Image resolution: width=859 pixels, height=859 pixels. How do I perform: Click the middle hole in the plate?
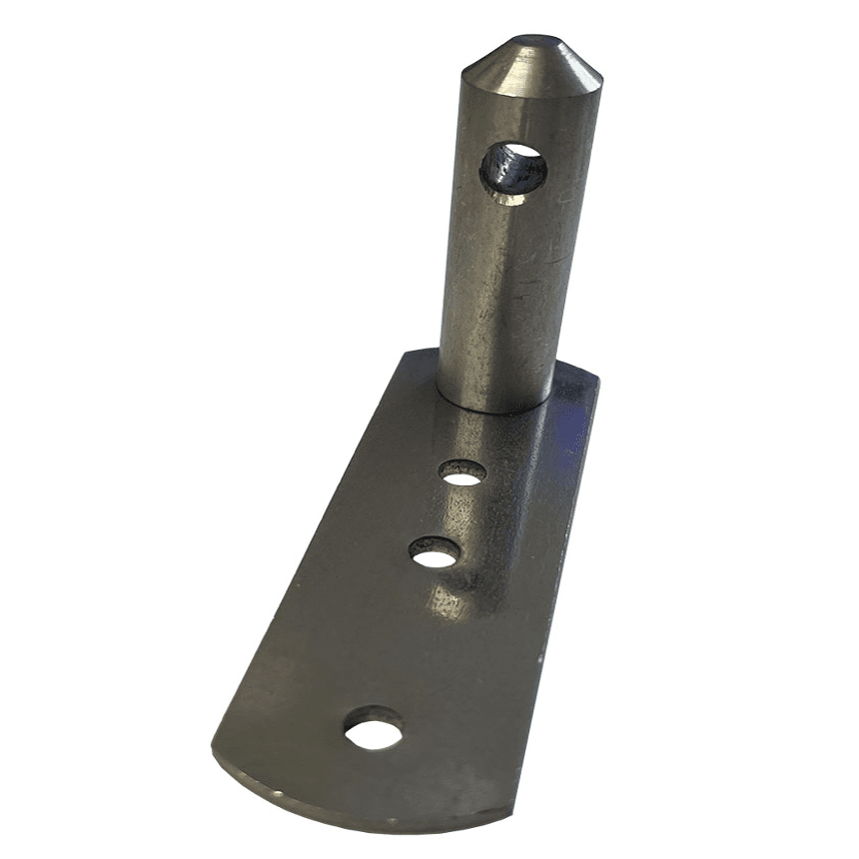point(434,552)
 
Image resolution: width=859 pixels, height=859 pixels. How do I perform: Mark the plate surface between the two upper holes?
point(449,511)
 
